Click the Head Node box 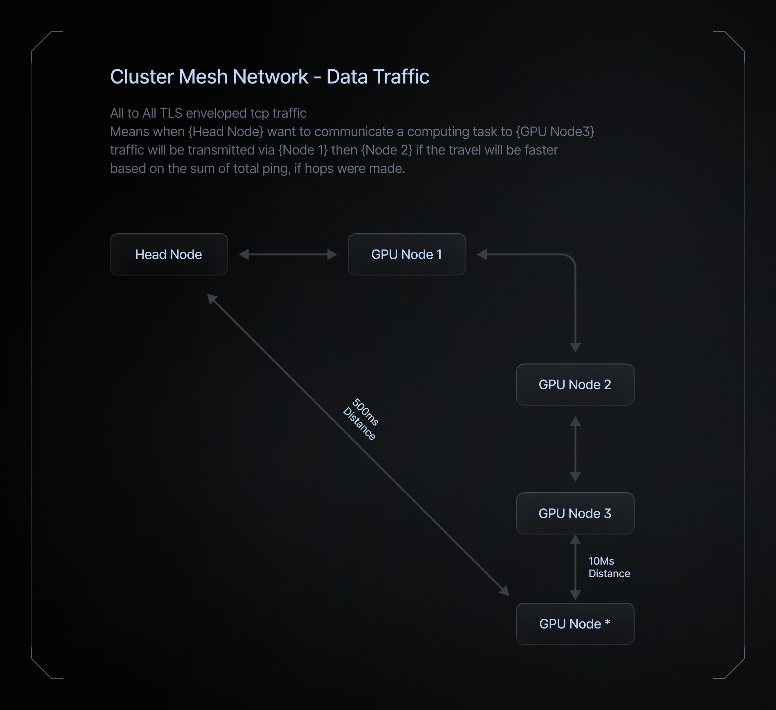[x=169, y=255]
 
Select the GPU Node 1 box [x=407, y=255]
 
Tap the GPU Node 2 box [x=575, y=385]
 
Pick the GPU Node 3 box [x=575, y=513]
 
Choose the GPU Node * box [x=575, y=624]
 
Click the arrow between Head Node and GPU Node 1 [x=288, y=255]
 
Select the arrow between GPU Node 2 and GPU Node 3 [x=575, y=449]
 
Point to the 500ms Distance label [x=361, y=419]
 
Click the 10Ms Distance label [x=609, y=567]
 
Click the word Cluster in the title [x=142, y=76]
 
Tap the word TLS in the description [x=170, y=113]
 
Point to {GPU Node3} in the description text [x=555, y=132]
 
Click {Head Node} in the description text [x=226, y=132]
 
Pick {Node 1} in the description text [x=303, y=150]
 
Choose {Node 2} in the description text [x=386, y=150]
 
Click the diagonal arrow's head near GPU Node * [x=505, y=591]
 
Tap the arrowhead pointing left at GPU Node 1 [x=482, y=255]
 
